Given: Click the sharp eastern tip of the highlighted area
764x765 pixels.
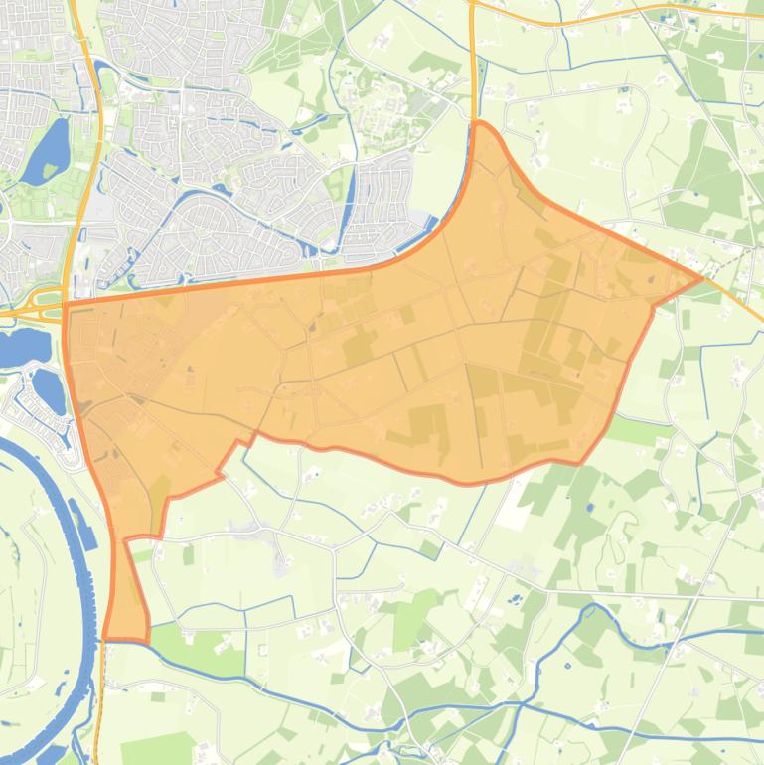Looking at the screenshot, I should (x=701, y=277).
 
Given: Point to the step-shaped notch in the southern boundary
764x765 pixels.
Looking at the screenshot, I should (x=238, y=447).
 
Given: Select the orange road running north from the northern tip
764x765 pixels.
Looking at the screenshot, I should (x=472, y=70).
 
